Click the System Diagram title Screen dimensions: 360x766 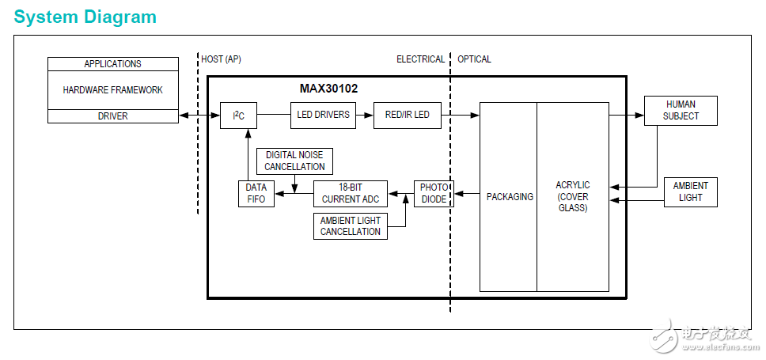click(85, 17)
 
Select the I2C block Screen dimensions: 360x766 click(238, 116)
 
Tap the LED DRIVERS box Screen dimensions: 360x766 click(323, 115)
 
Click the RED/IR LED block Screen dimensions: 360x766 click(407, 115)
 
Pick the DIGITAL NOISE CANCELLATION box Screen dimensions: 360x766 click(294, 161)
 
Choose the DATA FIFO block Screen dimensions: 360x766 click(256, 193)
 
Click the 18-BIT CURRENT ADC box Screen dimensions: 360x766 click(350, 193)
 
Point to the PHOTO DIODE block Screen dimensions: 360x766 click(433, 193)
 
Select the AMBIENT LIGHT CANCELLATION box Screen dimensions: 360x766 click(350, 226)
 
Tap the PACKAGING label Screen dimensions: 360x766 click(509, 196)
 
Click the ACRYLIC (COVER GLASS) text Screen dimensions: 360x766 click(572, 196)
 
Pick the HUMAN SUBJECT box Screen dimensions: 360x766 click(681, 110)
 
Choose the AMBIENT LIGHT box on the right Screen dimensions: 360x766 click(690, 191)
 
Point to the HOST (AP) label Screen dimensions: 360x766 click(222, 59)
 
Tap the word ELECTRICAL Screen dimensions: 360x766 click(420, 59)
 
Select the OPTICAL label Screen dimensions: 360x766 click(474, 59)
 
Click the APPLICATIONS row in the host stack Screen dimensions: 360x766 click(112, 64)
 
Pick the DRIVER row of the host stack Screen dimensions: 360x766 click(112, 116)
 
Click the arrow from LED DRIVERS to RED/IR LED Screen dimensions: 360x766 click(364, 115)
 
